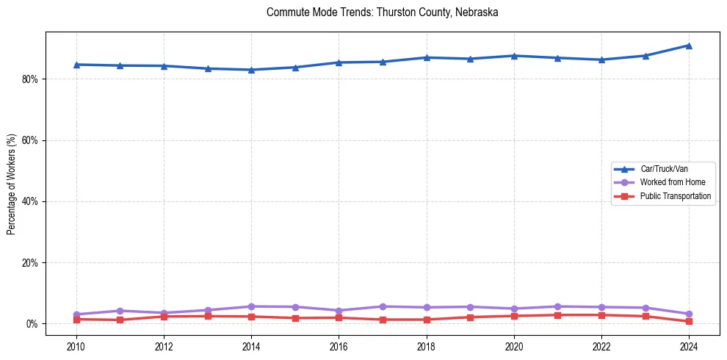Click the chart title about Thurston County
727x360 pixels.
383,12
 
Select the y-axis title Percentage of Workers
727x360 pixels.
11,184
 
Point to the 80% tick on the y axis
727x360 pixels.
30,79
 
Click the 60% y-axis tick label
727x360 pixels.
30,140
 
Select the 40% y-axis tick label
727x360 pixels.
30,201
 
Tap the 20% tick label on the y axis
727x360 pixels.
30,262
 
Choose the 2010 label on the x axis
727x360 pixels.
76,346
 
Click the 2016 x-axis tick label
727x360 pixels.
339,346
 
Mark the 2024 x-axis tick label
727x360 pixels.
689,346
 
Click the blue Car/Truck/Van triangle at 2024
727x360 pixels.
689,46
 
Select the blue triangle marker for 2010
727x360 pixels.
76,65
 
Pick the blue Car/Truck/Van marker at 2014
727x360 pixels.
251,70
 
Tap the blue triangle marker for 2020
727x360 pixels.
514,56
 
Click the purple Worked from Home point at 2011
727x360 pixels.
120,311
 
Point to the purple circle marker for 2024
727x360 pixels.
689,314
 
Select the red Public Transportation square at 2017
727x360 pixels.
383,320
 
